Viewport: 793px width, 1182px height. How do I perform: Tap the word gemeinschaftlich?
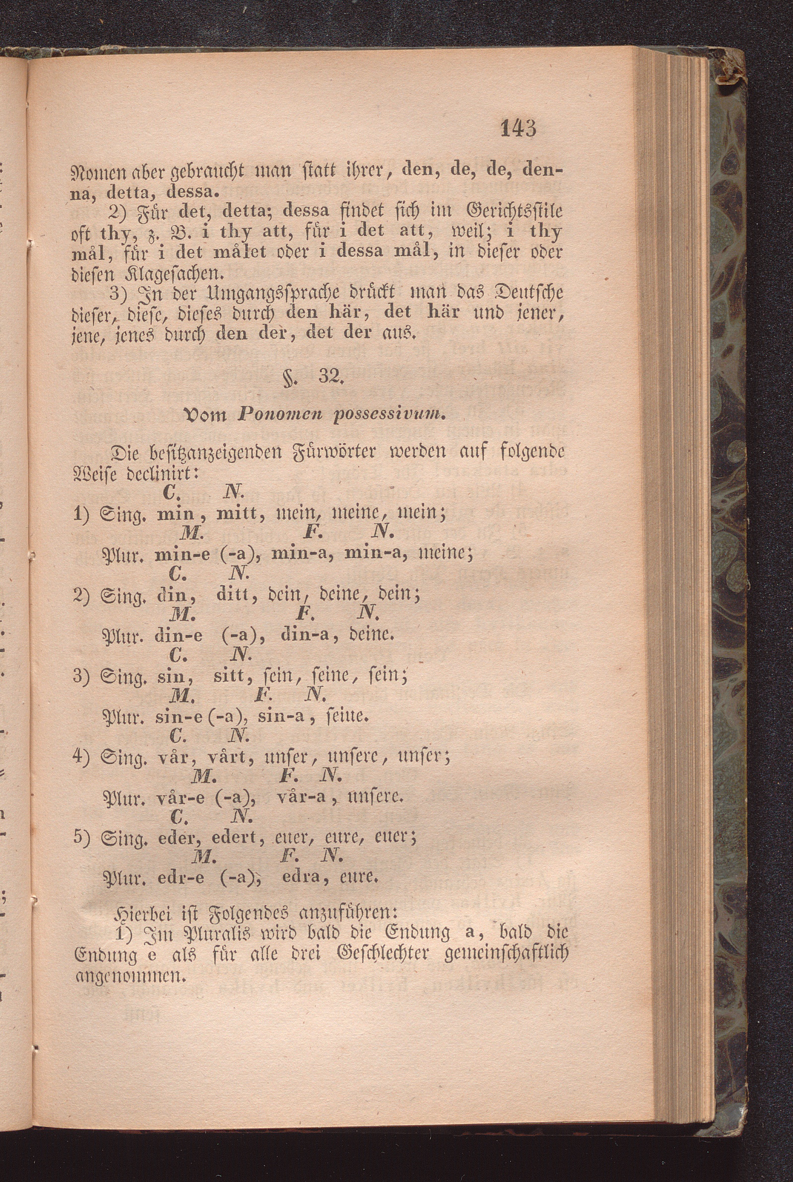507,955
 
